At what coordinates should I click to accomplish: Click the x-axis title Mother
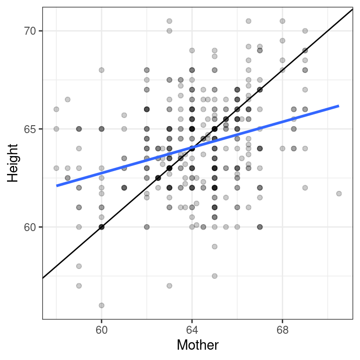[197, 346]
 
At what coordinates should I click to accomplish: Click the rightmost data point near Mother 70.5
[339, 193]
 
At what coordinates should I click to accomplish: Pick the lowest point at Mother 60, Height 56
[101, 305]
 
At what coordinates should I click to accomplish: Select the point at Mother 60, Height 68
[101, 70]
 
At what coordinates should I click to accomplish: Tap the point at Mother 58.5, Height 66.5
[67, 99]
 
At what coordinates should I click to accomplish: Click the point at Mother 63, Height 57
[169, 285]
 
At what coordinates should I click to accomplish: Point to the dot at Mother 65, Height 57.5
[215, 276]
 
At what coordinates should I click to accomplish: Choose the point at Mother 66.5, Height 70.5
[248, 21]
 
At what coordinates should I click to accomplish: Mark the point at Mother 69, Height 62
[305, 187]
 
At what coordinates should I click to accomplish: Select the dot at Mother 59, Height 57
[79, 285]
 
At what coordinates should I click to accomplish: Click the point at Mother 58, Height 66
[56, 109]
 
